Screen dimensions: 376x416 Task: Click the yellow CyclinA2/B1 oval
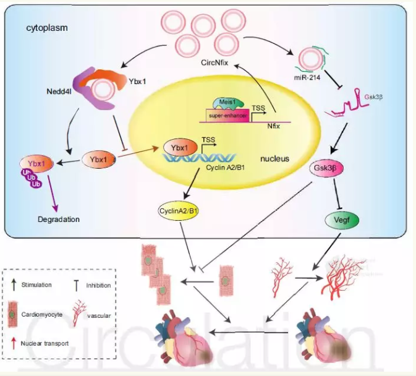(180, 211)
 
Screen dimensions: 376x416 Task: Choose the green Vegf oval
(341, 218)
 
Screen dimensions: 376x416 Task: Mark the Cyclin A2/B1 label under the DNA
(225, 165)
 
